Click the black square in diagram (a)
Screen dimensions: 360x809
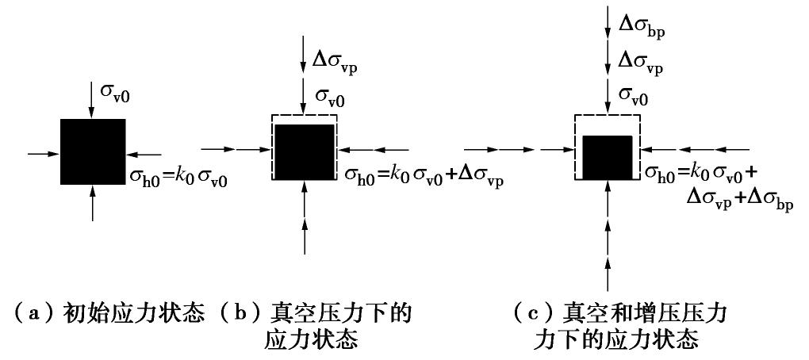(93, 151)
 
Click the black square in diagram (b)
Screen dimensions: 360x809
(304, 151)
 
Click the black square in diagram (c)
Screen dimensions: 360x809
(607, 156)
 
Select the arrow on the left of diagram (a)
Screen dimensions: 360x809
(43, 151)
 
